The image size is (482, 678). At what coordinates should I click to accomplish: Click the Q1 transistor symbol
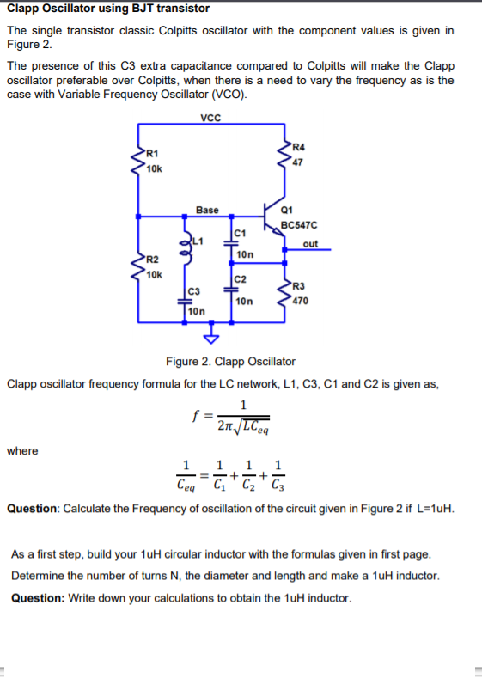273,215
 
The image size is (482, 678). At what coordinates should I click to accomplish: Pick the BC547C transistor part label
299,226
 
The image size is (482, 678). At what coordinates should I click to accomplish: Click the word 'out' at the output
310,243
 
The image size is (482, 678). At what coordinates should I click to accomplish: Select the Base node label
207,210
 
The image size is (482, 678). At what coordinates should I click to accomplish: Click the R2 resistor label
151,260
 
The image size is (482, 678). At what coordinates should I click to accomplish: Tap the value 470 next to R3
301,301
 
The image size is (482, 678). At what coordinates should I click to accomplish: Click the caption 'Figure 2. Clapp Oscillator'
229,361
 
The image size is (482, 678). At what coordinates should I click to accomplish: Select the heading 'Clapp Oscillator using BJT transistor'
108,9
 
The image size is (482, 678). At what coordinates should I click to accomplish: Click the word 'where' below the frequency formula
22,450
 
